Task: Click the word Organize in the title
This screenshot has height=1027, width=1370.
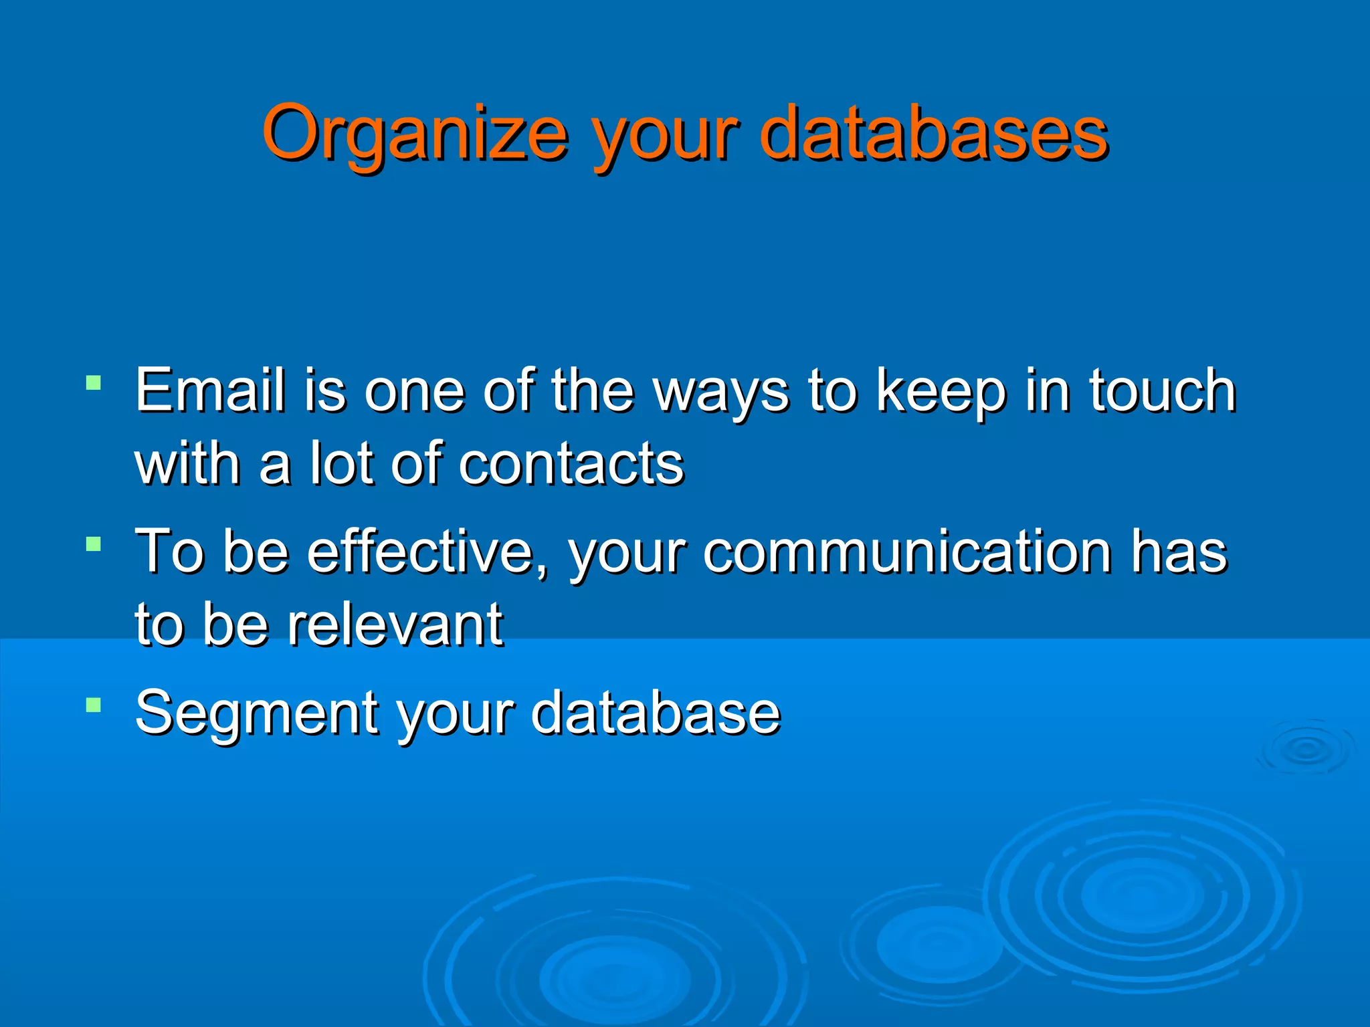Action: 415,134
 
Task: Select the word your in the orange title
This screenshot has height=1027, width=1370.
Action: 666,137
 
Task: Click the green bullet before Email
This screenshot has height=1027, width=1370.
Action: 94,383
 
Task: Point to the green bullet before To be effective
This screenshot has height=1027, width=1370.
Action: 94,544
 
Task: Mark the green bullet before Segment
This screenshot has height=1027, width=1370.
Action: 94,705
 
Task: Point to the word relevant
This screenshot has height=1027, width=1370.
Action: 395,625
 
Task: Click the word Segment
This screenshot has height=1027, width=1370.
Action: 257,714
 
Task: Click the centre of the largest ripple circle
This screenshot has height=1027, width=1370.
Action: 1141,896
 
